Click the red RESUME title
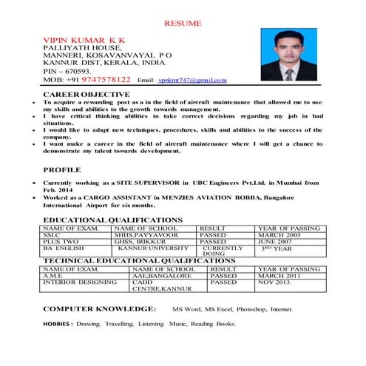coord(183,24)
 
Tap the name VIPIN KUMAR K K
coord(85,37)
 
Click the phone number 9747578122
coord(104,79)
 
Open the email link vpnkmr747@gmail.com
coord(190,80)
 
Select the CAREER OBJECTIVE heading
coord(88,95)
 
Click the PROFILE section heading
coord(61,169)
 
